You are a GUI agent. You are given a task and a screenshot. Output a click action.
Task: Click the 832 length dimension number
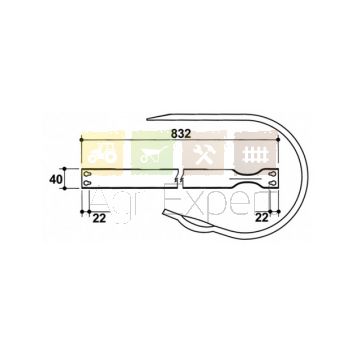181,134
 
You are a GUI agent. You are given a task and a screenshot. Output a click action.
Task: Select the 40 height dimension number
56,180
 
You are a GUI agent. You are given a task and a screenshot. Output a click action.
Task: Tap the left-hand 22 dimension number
99,218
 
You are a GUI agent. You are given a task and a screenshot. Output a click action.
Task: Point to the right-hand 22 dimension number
262,218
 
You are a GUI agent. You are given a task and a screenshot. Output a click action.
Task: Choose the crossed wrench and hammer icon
203,154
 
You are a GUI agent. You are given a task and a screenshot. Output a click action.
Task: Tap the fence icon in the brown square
255,154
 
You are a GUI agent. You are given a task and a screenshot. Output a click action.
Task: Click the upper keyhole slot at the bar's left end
87,174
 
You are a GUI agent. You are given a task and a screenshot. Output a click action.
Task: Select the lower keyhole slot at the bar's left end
87,183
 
